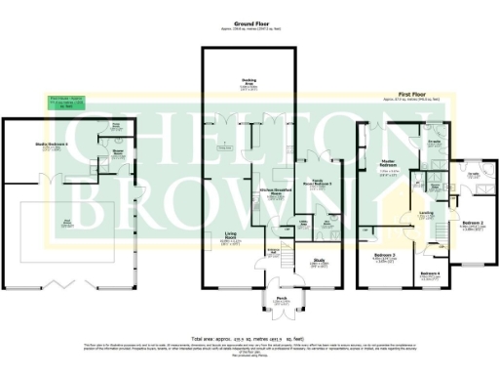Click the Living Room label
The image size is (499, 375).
[x=231, y=235]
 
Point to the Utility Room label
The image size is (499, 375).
[x=303, y=222]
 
